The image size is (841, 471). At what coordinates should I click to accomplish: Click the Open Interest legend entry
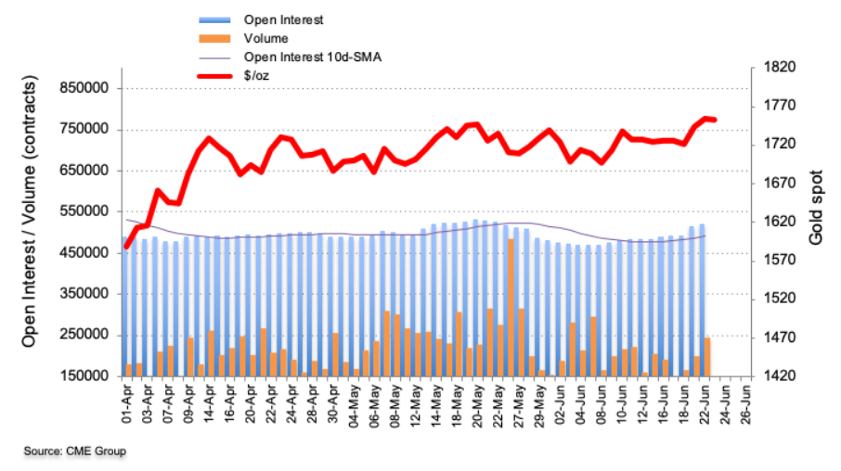(x=277, y=19)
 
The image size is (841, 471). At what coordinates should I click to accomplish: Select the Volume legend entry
(x=265, y=38)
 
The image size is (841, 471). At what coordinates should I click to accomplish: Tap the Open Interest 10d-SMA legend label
(x=301, y=57)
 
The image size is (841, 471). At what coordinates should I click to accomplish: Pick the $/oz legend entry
(x=257, y=77)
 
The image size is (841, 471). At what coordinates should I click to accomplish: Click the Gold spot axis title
(x=816, y=223)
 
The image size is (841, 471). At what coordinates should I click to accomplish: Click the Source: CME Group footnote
(x=75, y=451)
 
